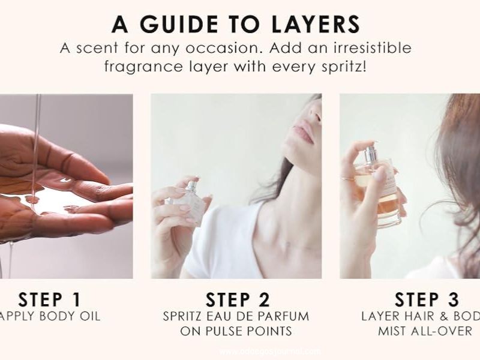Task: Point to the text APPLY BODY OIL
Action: (50, 316)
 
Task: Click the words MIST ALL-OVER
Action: (425, 331)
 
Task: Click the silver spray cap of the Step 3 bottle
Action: (371, 152)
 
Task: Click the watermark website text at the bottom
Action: (270, 352)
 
